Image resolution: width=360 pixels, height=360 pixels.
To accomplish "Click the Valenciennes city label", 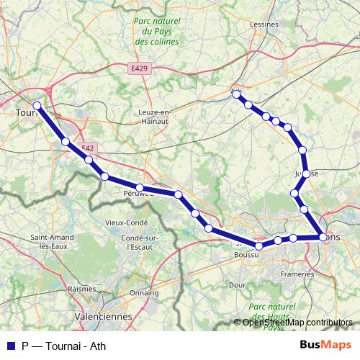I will pos(105,315).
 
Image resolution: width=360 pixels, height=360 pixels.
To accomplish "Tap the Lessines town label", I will pos(264,24).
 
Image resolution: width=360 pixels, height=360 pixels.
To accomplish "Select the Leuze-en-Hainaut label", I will pos(154,117).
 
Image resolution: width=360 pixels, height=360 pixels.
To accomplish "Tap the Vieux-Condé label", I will pos(126,222).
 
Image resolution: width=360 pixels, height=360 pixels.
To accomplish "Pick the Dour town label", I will pos(238,285).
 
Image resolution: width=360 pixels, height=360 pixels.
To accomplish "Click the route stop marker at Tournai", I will pos(37,107).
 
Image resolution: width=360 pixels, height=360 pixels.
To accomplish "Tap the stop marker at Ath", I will pos(236,94).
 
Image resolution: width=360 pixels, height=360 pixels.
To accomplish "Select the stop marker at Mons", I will pos(323,236).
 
